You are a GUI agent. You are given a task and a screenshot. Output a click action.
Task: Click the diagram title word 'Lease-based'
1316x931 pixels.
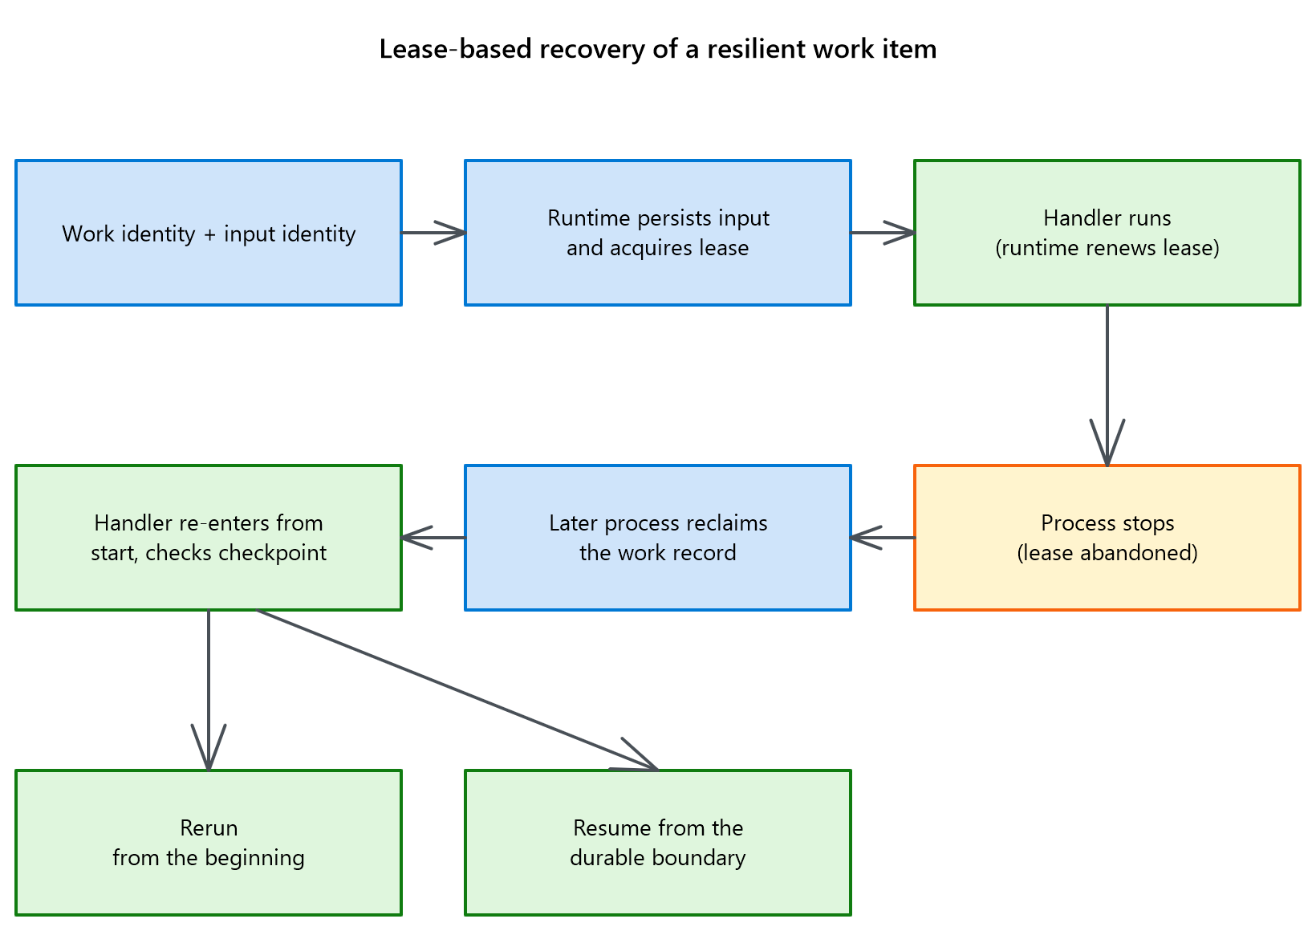pos(455,49)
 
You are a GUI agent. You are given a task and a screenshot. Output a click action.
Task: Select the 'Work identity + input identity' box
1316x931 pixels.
pos(209,233)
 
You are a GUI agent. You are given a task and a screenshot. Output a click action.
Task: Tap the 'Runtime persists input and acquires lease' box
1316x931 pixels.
pos(658,233)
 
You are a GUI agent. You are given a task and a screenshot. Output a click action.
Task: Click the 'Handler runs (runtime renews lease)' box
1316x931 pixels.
pos(1107,233)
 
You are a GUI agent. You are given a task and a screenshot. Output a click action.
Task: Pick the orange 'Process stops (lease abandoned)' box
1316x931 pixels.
pos(1107,538)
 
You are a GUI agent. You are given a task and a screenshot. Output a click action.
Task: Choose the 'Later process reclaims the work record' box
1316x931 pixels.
pos(658,538)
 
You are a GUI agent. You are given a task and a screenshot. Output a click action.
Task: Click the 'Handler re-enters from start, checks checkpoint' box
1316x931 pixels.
pos(209,538)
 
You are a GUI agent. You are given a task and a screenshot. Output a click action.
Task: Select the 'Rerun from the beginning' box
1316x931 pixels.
pos(209,843)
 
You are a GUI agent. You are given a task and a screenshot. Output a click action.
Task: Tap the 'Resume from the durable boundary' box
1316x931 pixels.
pos(658,843)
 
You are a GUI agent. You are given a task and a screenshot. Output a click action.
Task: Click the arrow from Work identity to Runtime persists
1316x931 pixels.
pos(433,233)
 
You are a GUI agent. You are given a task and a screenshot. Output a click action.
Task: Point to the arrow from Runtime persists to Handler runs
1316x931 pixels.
pos(883,233)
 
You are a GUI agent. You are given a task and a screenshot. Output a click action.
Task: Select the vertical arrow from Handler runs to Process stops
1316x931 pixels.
pos(1107,385)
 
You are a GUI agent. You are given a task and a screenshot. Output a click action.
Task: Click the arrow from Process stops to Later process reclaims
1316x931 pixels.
pos(883,538)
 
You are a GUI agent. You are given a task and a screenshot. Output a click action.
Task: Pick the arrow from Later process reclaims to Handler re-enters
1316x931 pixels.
pos(433,538)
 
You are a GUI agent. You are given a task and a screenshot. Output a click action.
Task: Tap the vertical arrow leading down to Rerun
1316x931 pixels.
pos(209,690)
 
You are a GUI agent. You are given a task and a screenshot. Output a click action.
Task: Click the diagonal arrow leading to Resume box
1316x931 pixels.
pos(457,690)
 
